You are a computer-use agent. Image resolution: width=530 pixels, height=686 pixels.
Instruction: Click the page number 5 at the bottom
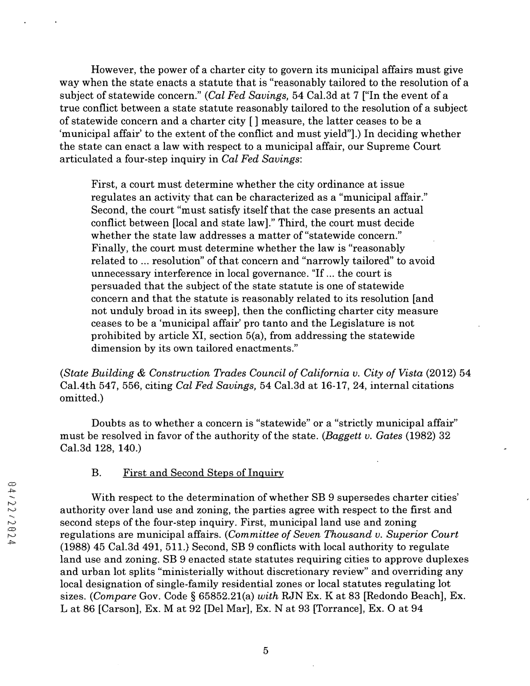266,651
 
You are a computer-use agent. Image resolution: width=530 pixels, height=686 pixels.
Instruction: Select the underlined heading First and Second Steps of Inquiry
203,473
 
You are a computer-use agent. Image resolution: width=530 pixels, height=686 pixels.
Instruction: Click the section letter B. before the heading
96,473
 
